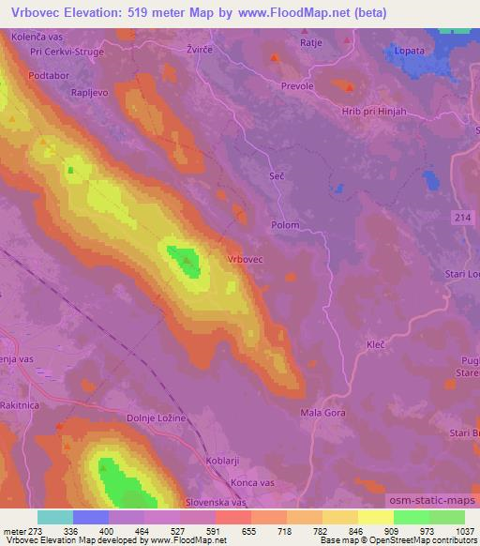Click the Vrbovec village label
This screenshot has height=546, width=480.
(x=245, y=258)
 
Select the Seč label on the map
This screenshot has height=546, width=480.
(x=276, y=175)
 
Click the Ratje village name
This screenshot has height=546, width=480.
(x=311, y=42)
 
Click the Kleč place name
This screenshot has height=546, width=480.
(x=375, y=345)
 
